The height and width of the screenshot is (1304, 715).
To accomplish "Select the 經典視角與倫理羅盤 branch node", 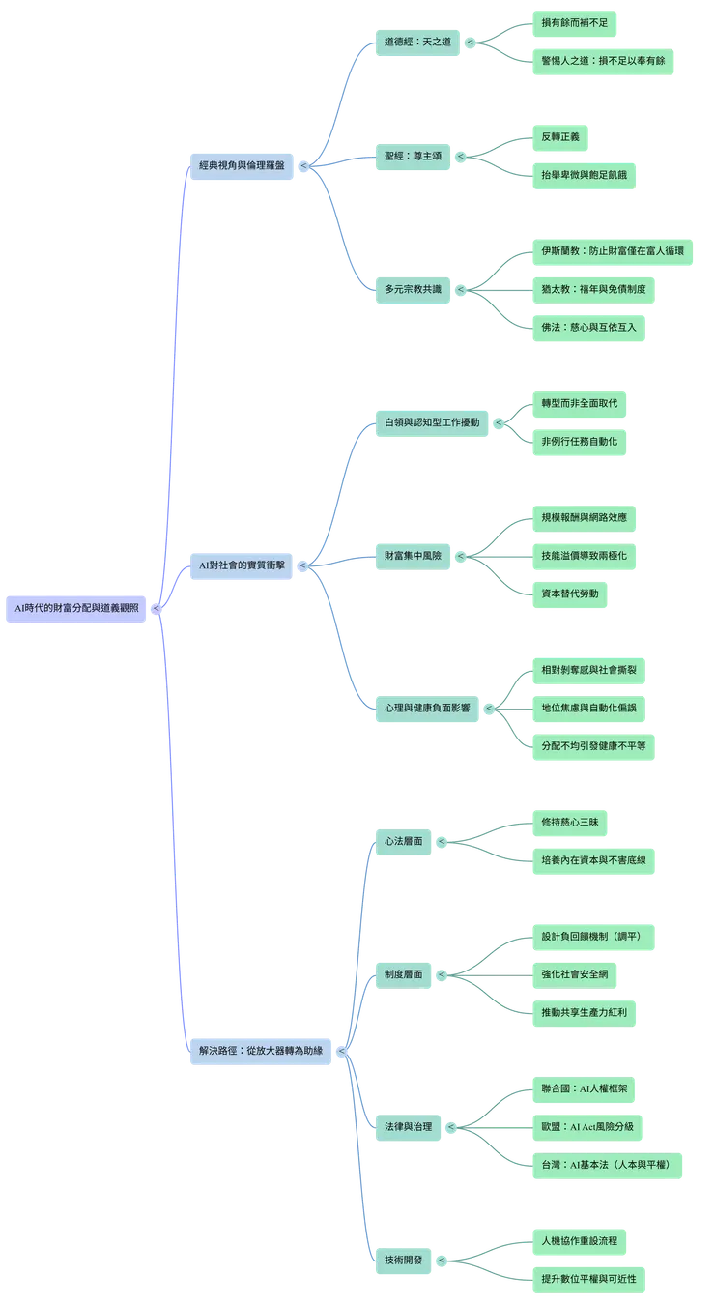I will click(242, 165).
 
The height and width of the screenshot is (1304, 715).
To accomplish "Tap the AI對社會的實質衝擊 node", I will click(242, 565).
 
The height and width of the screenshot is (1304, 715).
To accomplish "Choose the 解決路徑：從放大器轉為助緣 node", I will click(260, 1049).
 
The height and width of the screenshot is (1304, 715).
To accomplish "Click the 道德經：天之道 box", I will click(417, 42).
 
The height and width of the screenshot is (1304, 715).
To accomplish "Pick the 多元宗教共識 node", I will click(414, 288).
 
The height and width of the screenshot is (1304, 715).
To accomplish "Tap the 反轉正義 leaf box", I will click(561, 136).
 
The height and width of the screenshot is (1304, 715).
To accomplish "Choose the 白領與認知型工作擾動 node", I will click(431, 422).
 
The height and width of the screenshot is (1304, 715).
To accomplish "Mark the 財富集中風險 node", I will click(414, 556).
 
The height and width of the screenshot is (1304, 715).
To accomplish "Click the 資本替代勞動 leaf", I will click(570, 592).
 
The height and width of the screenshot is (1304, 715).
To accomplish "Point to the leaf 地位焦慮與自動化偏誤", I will click(589, 708).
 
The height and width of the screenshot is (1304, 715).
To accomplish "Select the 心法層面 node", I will click(403, 841).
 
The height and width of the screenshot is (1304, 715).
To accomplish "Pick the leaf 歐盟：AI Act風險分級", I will click(594, 1126).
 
